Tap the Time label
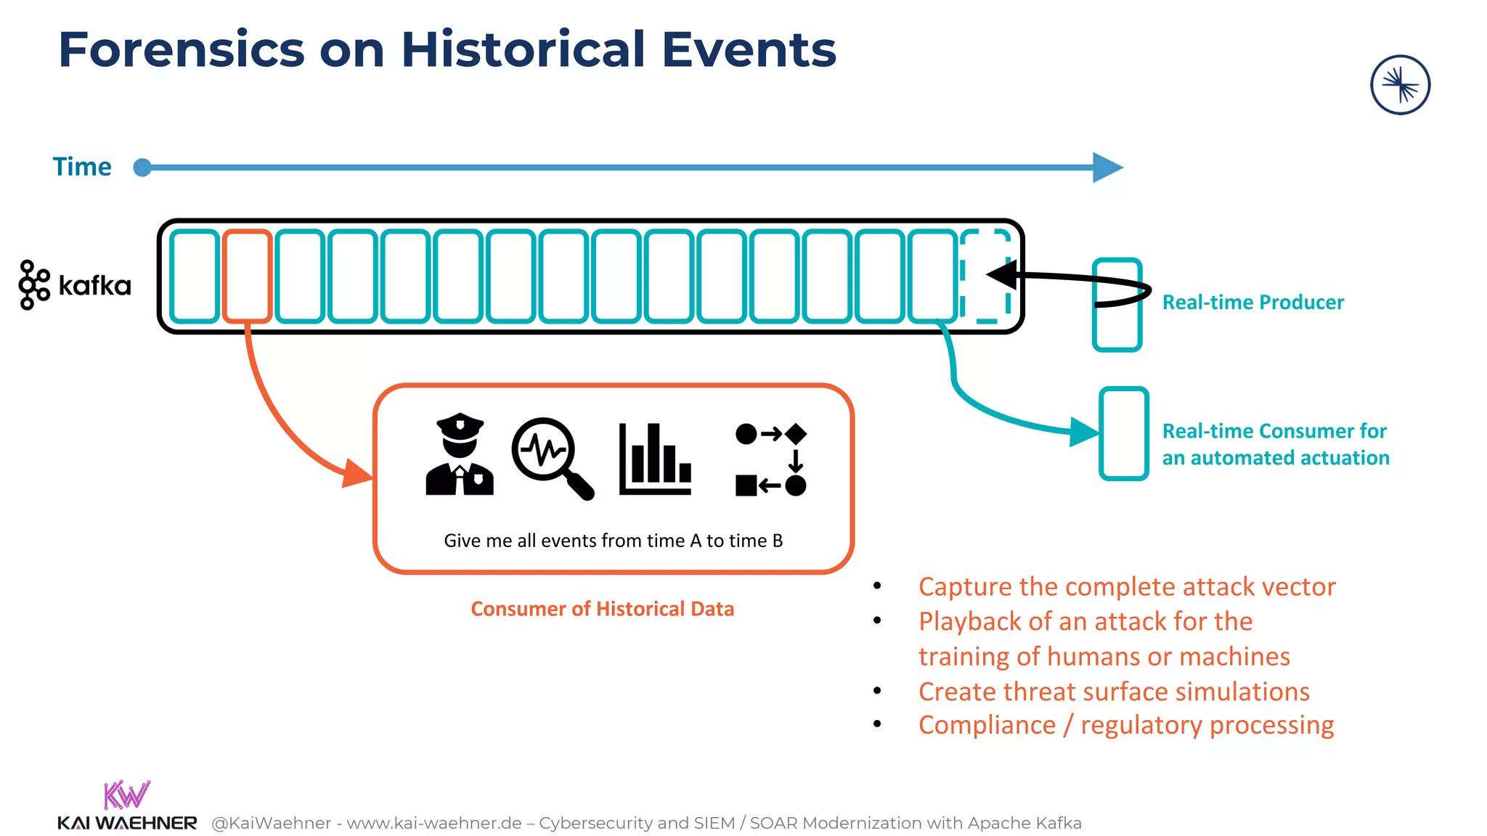[82, 167]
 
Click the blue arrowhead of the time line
[1107, 168]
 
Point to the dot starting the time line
[142, 168]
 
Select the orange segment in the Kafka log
[247, 276]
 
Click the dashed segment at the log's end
[985, 276]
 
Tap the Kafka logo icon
[33, 284]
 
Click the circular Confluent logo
[1400, 85]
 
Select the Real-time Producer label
[1252, 302]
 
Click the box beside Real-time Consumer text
[1123, 433]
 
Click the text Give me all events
[613, 541]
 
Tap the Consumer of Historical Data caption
[602, 609]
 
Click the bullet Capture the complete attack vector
[1126, 586]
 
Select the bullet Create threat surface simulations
[1114, 692]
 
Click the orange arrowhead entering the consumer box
[357, 473]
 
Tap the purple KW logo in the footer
[126, 795]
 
